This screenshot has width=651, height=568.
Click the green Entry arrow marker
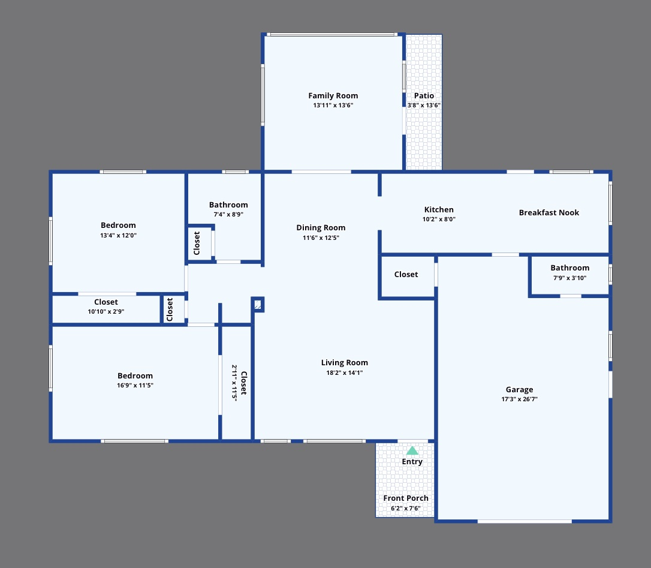click(412, 450)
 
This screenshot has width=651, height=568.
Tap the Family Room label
click(333, 96)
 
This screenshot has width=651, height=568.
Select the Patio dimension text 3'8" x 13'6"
click(424, 106)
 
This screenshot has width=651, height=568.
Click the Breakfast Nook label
click(548, 213)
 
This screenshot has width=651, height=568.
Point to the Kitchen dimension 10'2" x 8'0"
click(439, 220)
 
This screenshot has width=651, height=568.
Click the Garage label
click(519, 390)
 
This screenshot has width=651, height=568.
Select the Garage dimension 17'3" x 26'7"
click(519, 399)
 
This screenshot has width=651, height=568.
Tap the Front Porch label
click(406, 498)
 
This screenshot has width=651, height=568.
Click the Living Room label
click(345, 363)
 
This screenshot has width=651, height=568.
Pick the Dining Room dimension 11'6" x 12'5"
click(321, 238)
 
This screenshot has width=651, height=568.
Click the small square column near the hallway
click(258, 305)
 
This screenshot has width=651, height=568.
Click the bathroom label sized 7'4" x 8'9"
click(228, 205)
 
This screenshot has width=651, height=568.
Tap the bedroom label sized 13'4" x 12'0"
click(118, 226)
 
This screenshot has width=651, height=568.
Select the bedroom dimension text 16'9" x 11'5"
click(135, 386)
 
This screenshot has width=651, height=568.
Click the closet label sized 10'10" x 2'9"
click(106, 302)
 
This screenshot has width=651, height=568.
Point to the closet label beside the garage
click(406, 275)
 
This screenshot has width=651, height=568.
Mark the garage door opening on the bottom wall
click(525, 521)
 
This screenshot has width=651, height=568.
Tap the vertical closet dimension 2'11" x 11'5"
click(234, 382)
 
